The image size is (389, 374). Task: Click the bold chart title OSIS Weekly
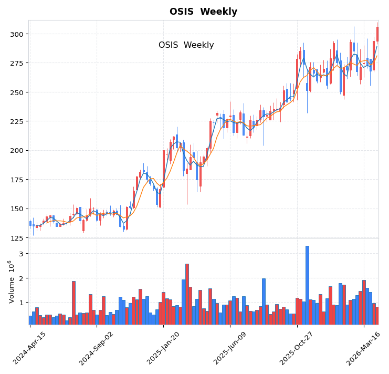[203, 12]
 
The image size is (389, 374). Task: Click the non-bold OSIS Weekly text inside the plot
[186, 45]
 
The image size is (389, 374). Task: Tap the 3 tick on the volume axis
[21, 254]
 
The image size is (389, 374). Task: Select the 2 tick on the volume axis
[21, 278]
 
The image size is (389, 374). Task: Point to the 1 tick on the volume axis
[21, 303]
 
